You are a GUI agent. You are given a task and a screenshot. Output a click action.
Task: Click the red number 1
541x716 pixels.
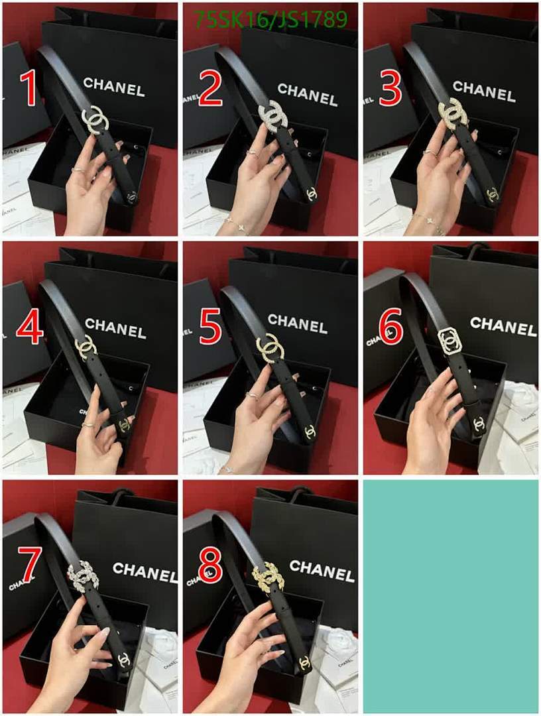(28, 89)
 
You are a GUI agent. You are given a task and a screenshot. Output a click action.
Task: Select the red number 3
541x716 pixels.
(390, 89)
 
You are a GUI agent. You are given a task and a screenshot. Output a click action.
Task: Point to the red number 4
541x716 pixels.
(30, 328)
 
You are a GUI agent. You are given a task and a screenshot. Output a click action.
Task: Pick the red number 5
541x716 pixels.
(210, 328)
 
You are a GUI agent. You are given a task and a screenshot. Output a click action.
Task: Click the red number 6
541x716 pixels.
(391, 328)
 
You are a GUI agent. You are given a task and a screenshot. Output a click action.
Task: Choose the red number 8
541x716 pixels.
(210, 565)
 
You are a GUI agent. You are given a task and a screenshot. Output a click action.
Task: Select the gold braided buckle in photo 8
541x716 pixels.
(269, 577)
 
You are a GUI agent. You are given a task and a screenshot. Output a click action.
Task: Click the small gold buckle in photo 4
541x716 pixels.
(86, 347)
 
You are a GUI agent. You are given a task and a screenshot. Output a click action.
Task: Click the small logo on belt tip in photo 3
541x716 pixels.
(492, 194)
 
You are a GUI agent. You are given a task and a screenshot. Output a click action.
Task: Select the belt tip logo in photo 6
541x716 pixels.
(478, 422)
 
